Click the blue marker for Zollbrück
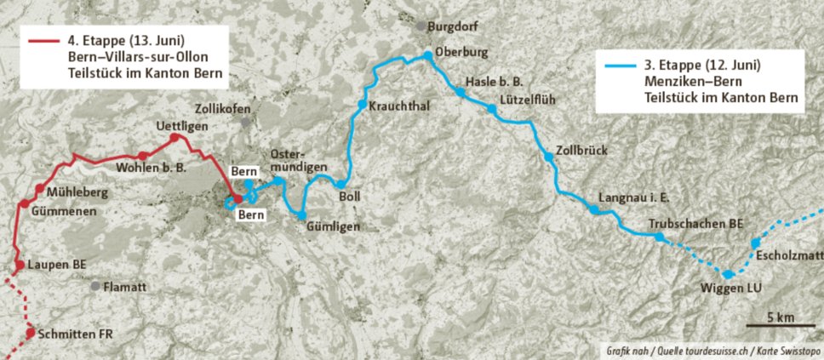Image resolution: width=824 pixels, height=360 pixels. point(546,155)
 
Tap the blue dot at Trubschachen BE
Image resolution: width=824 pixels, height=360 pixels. point(660,237)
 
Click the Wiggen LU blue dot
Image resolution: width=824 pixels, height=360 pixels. point(728,274)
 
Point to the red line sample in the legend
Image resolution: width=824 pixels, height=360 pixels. point(43,40)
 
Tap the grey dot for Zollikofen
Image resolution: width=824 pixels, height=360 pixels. point(246,123)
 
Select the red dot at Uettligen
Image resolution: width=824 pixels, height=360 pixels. point(174,138)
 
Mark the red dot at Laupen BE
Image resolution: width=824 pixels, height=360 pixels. point(16,266)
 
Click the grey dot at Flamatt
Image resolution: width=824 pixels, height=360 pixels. point(95,286)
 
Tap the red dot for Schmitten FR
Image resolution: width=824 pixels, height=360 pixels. point(30,333)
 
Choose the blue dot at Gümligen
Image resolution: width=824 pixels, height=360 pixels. point(301,215)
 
